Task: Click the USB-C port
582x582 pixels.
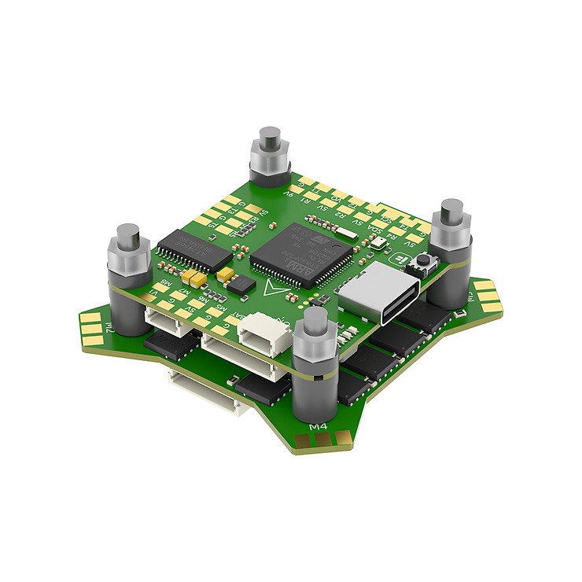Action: [x=383, y=291]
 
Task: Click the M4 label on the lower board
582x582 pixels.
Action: [x=319, y=427]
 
